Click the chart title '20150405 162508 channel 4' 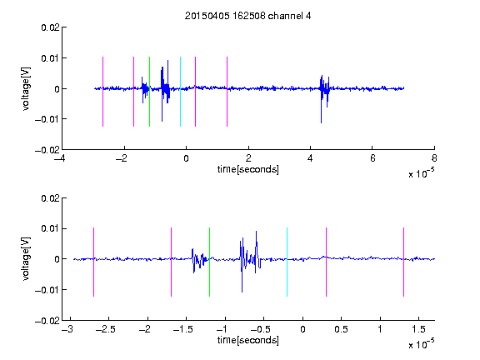[x=247, y=16]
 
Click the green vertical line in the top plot [x=149, y=92]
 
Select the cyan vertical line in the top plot [x=180, y=92]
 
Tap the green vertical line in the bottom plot [x=209, y=262]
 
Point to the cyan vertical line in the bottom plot [x=287, y=262]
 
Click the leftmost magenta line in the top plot [x=102, y=92]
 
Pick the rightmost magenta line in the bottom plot [x=403, y=262]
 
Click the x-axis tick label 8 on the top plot [x=434, y=158]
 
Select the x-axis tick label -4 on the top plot [x=60, y=158]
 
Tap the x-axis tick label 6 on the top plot [x=372, y=158]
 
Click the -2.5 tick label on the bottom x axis [x=105, y=329]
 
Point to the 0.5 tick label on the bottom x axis [x=341, y=329]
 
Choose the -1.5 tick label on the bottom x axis [x=182, y=329]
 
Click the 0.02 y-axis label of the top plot [x=50, y=27]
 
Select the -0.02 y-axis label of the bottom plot [x=47, y=321]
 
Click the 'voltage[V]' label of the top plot [x=26, y=88]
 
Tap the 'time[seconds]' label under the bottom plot [x=248, y=340]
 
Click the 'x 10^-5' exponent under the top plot [x=421, y=173]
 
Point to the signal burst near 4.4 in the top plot [x=324, y=91]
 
